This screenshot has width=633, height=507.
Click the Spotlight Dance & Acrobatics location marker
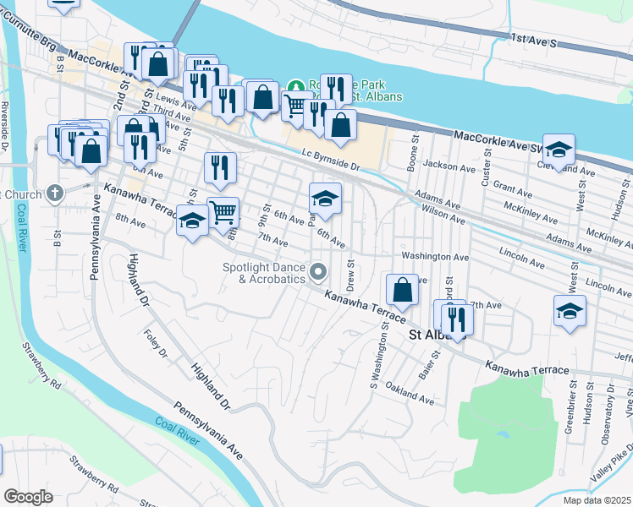(318, 271)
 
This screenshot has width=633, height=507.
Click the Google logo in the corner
(28, 497)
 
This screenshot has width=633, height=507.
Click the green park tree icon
(295, 86)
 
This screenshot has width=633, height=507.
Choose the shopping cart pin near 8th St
(223, 212)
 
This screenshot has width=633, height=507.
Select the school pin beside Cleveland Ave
(559, 150)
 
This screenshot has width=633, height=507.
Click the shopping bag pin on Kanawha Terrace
(403, 290)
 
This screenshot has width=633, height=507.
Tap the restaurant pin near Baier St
(457, 319)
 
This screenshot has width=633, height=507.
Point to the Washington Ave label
(435, 256)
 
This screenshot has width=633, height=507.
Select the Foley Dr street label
(157, 344)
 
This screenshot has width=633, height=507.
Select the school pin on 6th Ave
(325, 199)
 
